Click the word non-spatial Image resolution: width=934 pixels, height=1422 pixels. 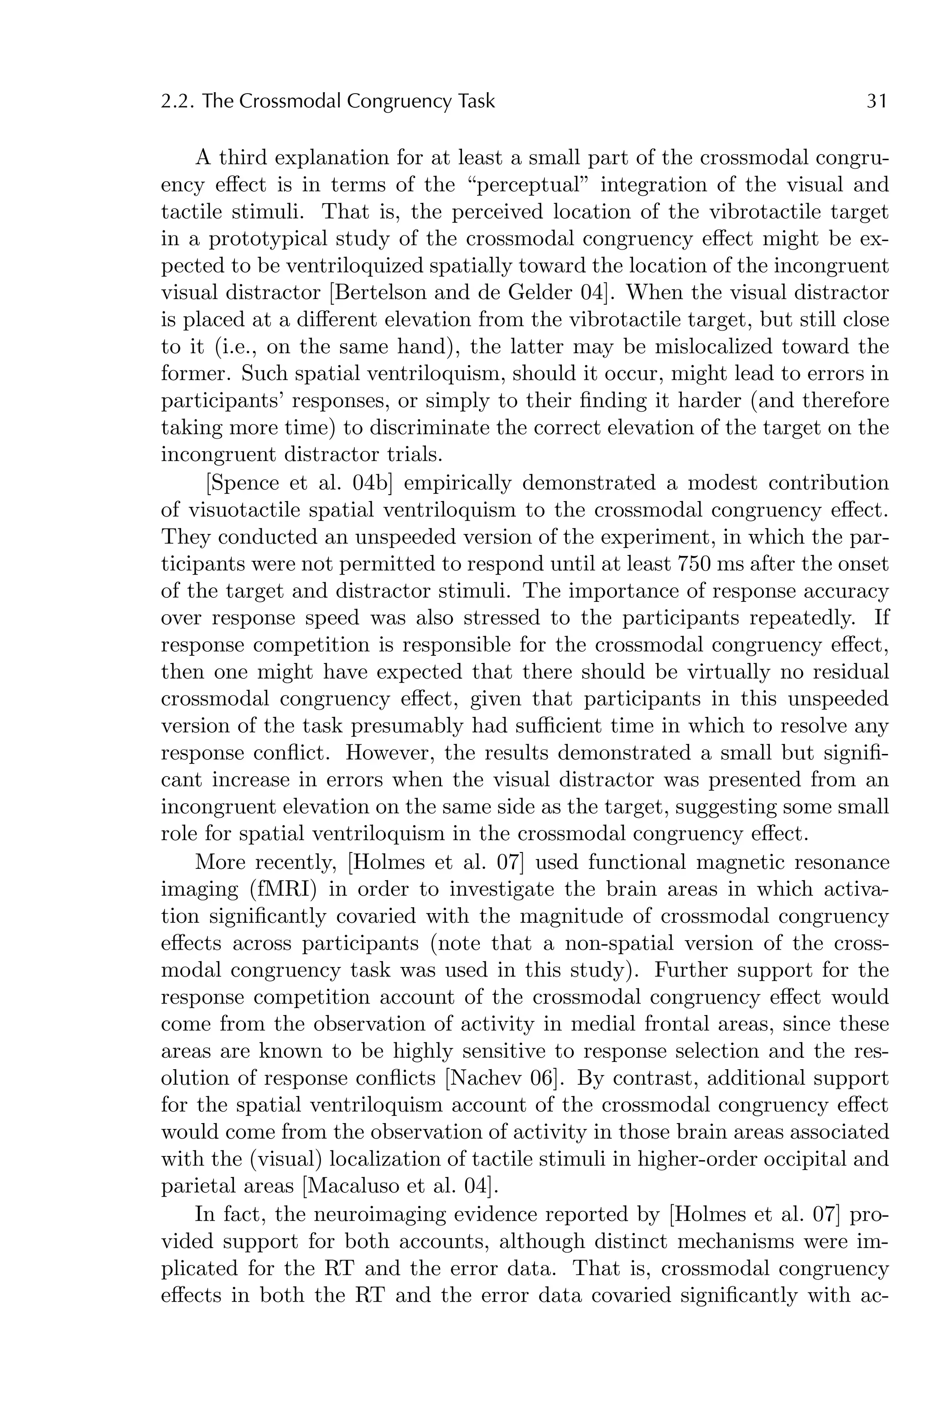[625, 943]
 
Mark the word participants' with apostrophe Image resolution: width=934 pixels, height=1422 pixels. [222, 401]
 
